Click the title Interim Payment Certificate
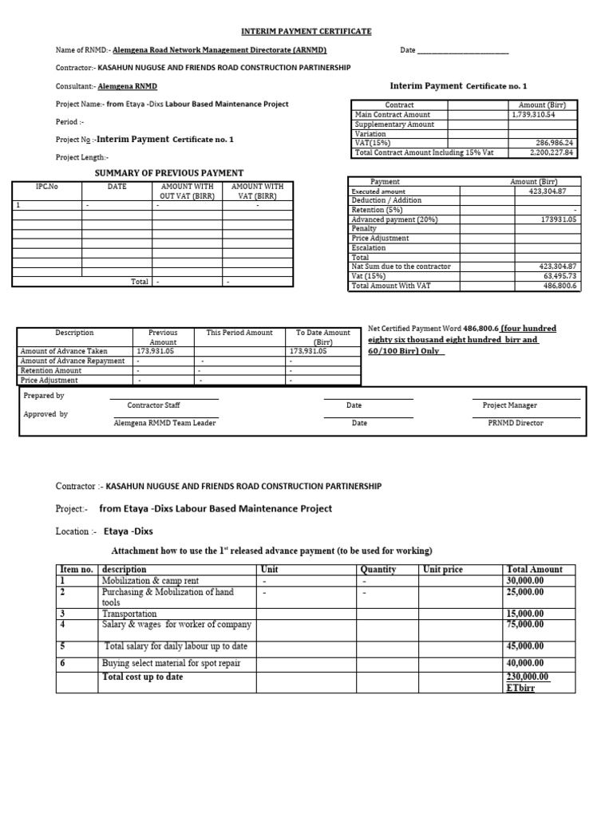click(307, 31)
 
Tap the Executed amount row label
click(378, 191)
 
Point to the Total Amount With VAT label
click(391, 286)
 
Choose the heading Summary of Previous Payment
click(169, 172)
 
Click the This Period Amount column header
click(239, 333)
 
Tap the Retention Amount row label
click(51, 370)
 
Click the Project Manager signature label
click(510, 405)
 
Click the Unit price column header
click(443, 570)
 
